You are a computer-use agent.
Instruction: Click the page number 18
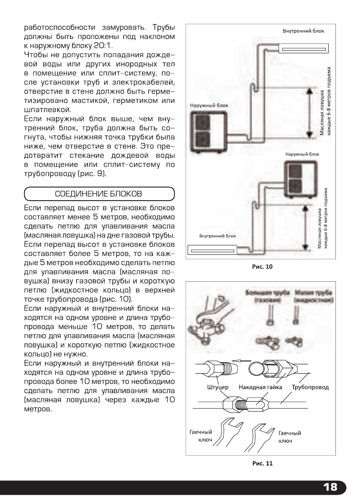[x=330, y=487]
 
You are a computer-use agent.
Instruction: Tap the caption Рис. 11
[x=263, y=463]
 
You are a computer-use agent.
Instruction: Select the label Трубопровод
[x=310, y=387]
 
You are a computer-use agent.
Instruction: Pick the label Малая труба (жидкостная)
[x=314, y=296]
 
